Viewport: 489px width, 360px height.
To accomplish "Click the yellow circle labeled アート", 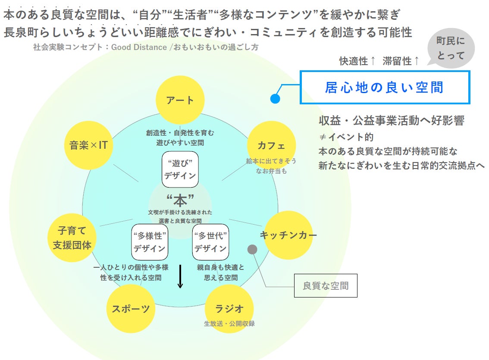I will click(x=180, y=100).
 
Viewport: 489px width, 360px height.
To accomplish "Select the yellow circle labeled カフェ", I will click(x=271, y=145).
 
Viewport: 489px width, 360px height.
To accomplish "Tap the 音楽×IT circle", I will click(x=88, y=145).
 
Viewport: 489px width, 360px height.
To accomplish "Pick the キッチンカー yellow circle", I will click(x=288, y=235).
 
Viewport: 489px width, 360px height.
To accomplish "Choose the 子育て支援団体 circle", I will click(x=72, y=238).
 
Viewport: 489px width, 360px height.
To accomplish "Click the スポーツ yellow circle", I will click(x=131, y=309).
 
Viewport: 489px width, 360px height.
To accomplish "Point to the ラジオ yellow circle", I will click(x=229, y=309).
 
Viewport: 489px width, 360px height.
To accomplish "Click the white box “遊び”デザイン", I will click(x=180, y=169).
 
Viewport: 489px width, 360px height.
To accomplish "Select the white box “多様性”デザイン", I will click(x=149, y=242).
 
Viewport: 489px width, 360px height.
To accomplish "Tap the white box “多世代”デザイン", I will click(x=210, y=242).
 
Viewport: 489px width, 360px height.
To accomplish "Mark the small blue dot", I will click(x=275, y=99).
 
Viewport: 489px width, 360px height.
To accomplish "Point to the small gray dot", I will click(x=252, y=249).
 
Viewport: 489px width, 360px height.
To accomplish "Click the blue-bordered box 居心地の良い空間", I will click(x=385, y=88).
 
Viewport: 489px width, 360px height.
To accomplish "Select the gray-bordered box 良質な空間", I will click(x=326, y=285).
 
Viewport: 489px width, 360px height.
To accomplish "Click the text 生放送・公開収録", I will click(x=229, y=323).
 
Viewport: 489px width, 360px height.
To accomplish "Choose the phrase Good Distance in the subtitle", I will click(x=139, y=47).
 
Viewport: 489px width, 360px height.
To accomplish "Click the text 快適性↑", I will click(x=357, y=61).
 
